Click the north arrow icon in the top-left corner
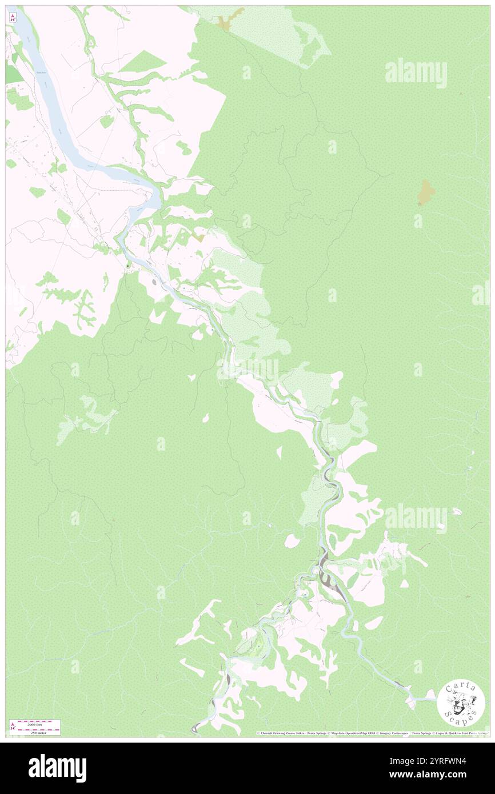(13, 17)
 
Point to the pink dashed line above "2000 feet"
(39, 721)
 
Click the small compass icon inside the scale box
(13, 727)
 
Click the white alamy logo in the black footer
(57, 768)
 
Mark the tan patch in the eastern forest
(426, 192)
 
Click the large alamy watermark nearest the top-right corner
(416, 73)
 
